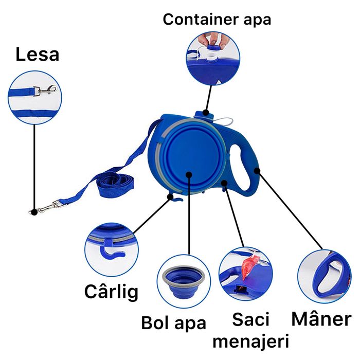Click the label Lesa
(37, 54)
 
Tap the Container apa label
(217, 20)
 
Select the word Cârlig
(111, 292)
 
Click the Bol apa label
(174, 323)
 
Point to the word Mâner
(321, 319)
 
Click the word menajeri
(251, 340)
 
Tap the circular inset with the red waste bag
(245, 277)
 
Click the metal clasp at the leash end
(46, 207)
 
